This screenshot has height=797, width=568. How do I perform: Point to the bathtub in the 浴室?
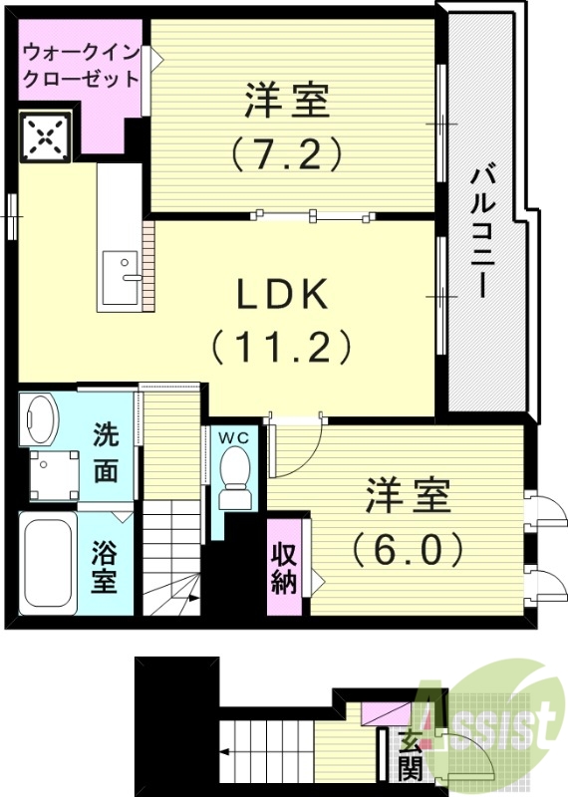click(x=47, y=566)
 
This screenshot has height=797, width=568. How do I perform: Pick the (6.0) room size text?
click(x=406, y=546)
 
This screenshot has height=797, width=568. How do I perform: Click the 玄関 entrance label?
click(x=410, y=753)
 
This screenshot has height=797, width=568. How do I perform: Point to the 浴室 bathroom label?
click(x=105, y=566)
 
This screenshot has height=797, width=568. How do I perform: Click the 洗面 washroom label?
click(x=108, y=452)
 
